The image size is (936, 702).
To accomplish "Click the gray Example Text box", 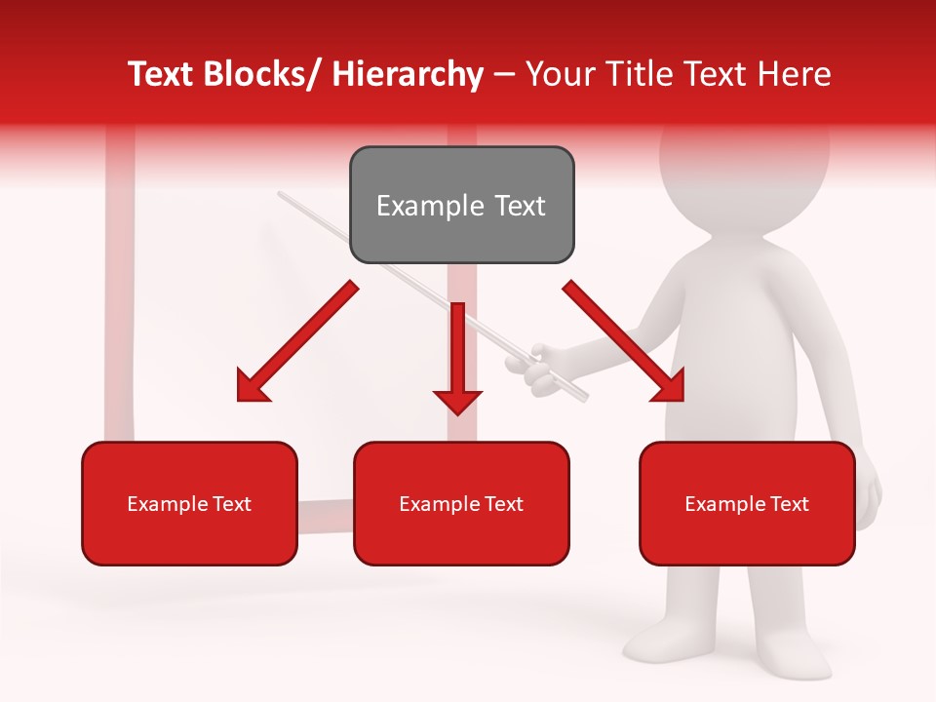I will click(461, 205).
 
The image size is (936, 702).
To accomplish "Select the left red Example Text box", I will click(189, 503).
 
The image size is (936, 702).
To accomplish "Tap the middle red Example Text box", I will click(461, 503).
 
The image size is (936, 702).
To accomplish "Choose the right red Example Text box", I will click(747, 503).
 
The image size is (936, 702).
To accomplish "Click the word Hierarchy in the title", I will click(408, 75).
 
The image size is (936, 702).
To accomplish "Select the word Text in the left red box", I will click(233, 504).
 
